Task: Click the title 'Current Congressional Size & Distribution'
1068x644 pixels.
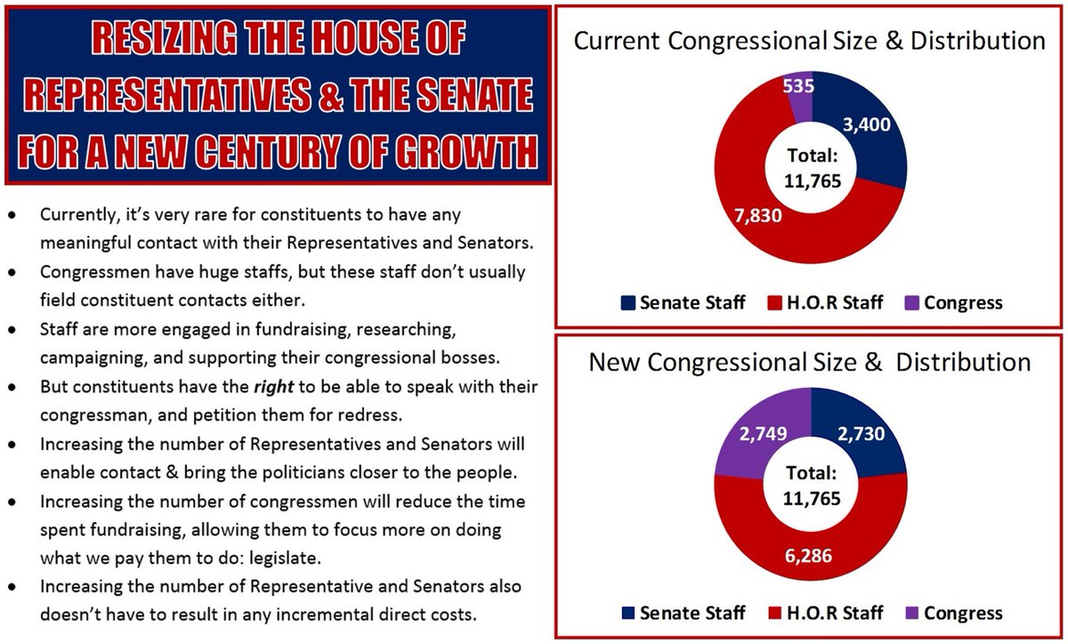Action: pos(809,41)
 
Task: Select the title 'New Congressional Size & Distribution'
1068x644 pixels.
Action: pos(809,362)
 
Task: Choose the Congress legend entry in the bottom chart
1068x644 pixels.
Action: pos(953,613)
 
